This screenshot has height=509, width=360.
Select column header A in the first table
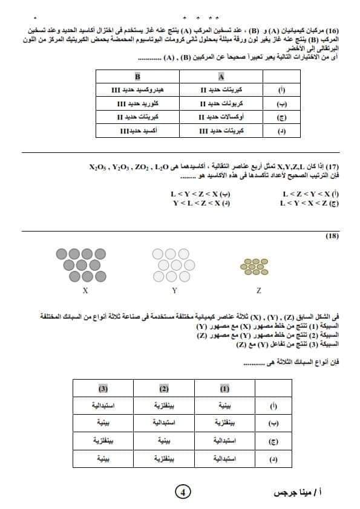tap(221, 77)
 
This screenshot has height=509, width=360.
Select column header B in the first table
tap(137, 77)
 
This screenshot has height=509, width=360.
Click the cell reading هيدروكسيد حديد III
tap(137, 90)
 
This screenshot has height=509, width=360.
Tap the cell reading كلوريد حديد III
tap(137, 103)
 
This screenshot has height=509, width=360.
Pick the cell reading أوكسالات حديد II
tap(221, 117)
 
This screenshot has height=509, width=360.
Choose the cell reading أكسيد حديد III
tap(139, 130)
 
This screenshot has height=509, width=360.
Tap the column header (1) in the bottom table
tap(224, 387)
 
